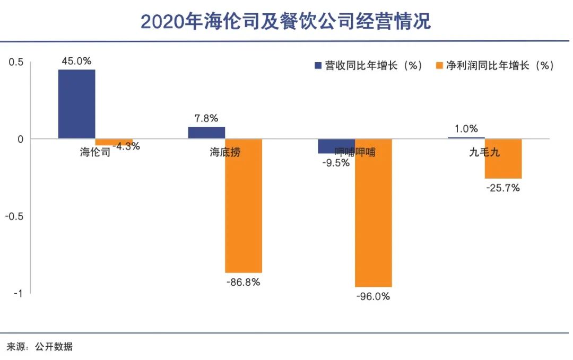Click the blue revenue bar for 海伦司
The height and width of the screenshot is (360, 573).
pos(76,104)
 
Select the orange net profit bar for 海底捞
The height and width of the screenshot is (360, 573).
pos(244,206)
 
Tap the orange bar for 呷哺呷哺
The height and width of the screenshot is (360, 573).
pos(374,213)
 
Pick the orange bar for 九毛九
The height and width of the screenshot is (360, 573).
pos(503,159)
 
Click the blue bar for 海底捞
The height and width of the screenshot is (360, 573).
pos(206,133)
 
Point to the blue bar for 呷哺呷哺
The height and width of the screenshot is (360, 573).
pos(336,146)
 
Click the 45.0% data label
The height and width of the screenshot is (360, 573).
pos(76,61)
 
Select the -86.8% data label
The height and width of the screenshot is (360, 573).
pos(244,282)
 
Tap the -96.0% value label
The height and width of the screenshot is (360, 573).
pos(374,296)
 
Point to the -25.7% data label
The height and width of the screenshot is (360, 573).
pos(503,188)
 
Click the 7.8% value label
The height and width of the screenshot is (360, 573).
pos(206,118)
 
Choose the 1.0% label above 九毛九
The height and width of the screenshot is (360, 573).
pos(466,128)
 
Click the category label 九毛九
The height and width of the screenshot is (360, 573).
pos(484,153)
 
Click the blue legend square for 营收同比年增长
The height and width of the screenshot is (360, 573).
pos(318,66)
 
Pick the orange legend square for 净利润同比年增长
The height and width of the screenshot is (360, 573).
pos(438,66)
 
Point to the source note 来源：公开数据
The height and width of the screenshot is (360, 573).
pos(39,347)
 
